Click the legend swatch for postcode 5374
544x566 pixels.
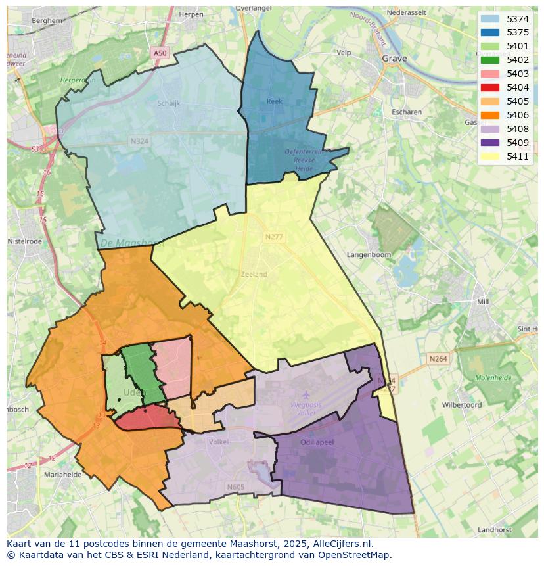click(489, 19)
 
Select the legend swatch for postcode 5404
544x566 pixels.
click(489, 87)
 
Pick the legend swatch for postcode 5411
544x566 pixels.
click(489, 156)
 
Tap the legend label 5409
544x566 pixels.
click(518, 143)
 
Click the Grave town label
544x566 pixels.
click(394, 59)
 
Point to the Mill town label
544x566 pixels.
click(484, 302)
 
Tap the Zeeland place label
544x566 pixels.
click(254, 274)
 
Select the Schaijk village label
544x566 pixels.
click(169, 103)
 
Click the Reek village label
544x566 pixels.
click(274, 101)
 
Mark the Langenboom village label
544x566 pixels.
click(369, 254)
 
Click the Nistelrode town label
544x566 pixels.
click(24, 241)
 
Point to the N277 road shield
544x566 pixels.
click(274, 237)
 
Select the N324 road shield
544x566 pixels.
click(139, 141)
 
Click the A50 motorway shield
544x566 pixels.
click(160, 53)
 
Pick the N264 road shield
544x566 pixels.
click(438, 358)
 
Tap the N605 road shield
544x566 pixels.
click(235, 487)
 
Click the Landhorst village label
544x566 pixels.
click(495, 529)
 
